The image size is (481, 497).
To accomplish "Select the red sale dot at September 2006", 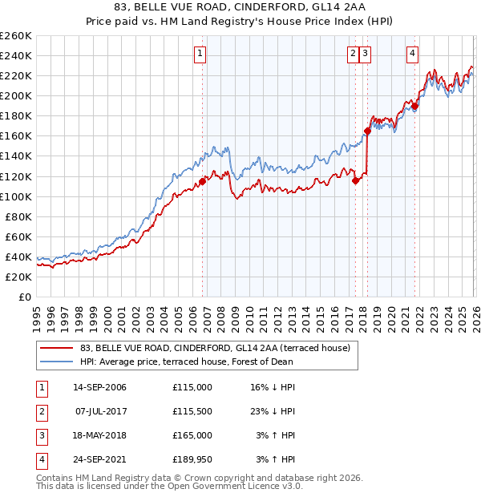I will [x=202, y=181].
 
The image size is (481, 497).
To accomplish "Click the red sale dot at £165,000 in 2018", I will [x=367, y=131].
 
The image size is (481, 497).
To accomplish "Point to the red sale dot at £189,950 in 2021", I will [x=415, y=106].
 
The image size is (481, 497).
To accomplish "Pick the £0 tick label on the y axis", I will [x=23, y=297].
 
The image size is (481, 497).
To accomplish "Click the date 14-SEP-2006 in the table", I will [x=99, y=387].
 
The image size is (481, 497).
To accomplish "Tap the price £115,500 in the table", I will [x=192, y=411].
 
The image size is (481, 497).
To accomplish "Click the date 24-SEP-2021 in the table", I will [x=99, y=459].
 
